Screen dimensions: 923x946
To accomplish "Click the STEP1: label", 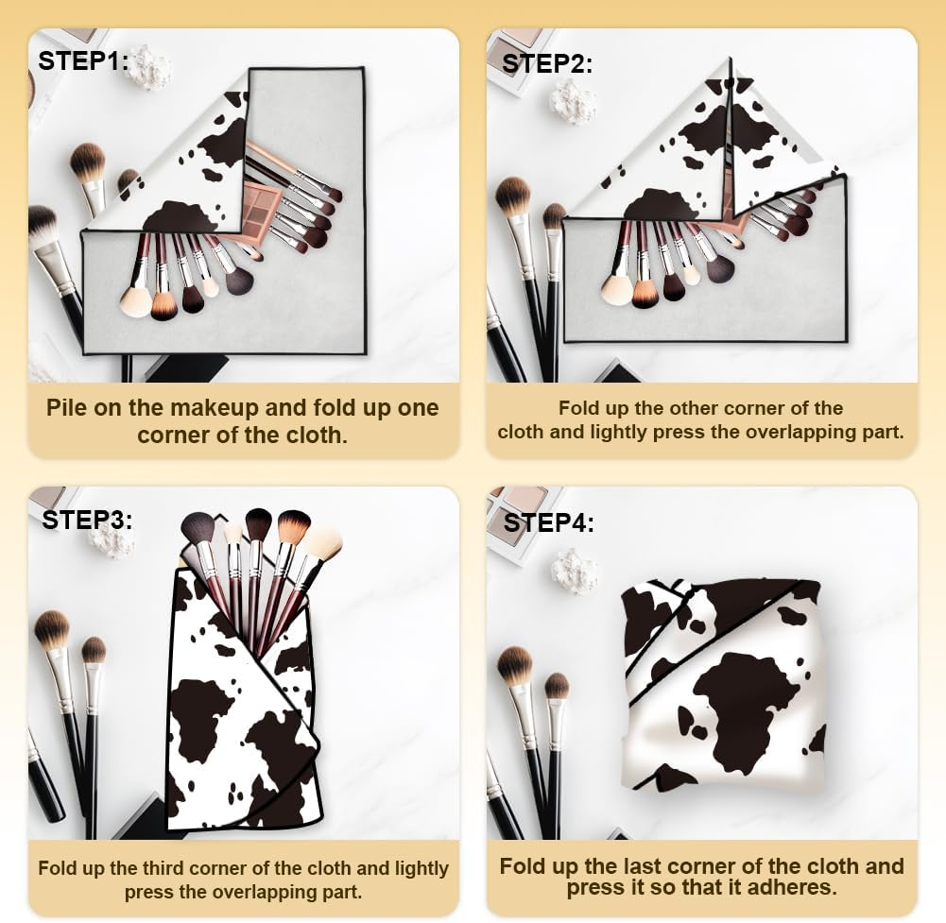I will click(x=82, y=60).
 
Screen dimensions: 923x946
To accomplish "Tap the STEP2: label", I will click(x=547, y=63).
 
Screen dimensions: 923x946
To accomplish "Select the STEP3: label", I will click(x=87, y=519).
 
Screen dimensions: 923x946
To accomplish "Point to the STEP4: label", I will click(x=548, y=522).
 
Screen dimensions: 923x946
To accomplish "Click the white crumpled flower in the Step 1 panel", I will click(x=150, y=69).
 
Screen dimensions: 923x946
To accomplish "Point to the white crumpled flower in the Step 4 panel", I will click(x=575, y=570).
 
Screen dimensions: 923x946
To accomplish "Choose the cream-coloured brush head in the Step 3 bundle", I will click(x=322, y=542).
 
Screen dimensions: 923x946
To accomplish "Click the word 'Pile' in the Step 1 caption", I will click(x=68, y=408).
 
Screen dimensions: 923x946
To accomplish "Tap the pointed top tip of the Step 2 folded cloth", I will click(x=730, y=60).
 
